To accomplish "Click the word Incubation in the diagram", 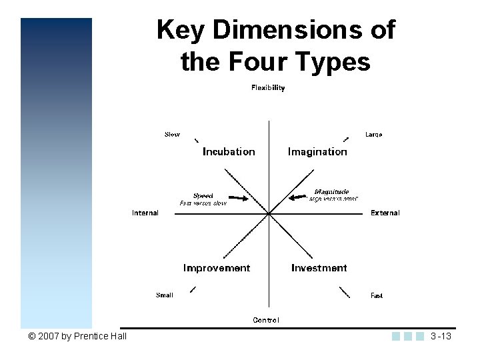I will [x=229, y=152].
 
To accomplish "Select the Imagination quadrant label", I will [x=317, y=152].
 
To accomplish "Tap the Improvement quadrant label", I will [x=217, y=268].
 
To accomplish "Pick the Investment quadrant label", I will [x=319, y=268].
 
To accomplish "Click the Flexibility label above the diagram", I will [x=268, y=88].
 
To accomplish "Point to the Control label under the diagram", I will [x=266, y=320].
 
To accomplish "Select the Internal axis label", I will [x=145, y=213].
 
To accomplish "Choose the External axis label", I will [x=385, y=213].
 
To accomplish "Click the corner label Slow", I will [x=172, y=135].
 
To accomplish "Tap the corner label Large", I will [x=374, y=135].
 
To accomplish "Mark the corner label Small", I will [x=165, y=295].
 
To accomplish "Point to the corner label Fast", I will [x=377, y=295].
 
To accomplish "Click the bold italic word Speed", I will [x=203, y=196].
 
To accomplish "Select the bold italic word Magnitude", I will [x=331, y=192].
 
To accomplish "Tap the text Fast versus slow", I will [x=203, y=203].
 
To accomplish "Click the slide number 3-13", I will [x=441, y=336].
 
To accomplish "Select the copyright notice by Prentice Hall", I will [x=77, y=336].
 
